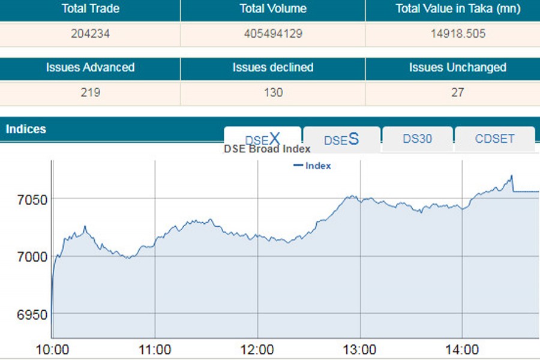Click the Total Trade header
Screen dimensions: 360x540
(x=90, y=9)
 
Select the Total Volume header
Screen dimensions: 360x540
(x=273, y=9)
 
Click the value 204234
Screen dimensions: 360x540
(x=90, y=34)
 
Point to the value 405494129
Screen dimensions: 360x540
(x=273, y=34)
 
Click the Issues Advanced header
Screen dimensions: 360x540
(x=90, y=67)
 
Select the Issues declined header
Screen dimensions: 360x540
(x=273, y=67)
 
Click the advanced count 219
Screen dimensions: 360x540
(x=90, y=93)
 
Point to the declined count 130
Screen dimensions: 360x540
(x=273, y=93)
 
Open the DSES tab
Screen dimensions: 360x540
(x=341, y=139)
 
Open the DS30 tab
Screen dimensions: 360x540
(x=418, y=139)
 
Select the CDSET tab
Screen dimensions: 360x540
(x=494, y=139)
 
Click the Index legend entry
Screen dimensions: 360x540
(x=313, y=166)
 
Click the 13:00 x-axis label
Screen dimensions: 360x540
(x=360, y=350)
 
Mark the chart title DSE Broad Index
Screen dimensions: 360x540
(x=267, y=149)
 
